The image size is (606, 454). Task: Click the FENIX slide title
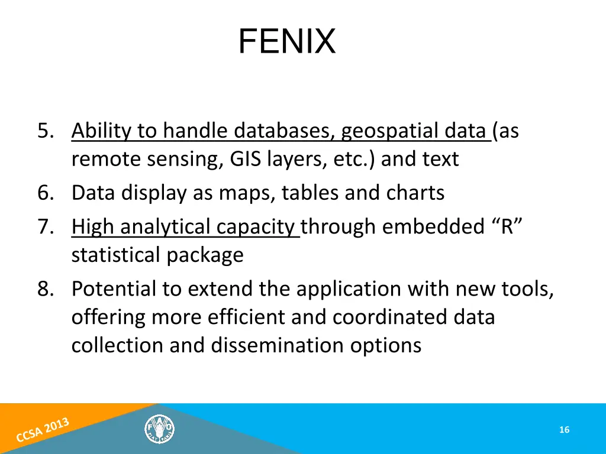[x=287, y=41]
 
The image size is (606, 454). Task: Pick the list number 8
[x=46, y=289]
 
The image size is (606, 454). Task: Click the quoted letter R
[x=507, y=227]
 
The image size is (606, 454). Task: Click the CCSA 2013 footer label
[x=43, y=430]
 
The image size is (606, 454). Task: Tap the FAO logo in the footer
[x=160, y=429]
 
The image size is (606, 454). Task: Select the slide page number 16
[x=564, y=430]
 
